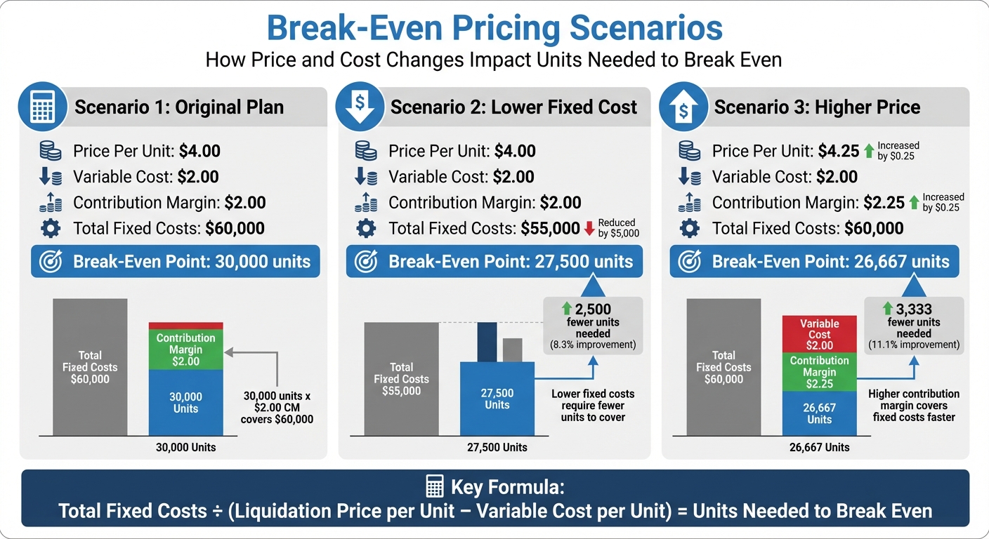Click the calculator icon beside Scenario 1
click(43, 107)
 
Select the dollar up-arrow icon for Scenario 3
click(683, 107)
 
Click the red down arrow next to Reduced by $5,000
click(589, 228)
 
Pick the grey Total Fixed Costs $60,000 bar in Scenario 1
click(90, 367)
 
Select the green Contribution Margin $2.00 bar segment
click(185, 350)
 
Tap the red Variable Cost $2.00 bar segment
click(819, 334)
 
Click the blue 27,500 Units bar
click(497, 399)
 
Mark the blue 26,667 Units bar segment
click(819, 413)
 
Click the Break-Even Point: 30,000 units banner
click(176, 262)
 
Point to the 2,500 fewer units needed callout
click(593, 325)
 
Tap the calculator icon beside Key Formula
click(435, 486)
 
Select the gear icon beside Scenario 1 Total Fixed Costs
click(50, 228)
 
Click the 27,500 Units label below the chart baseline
click(497, 447)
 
